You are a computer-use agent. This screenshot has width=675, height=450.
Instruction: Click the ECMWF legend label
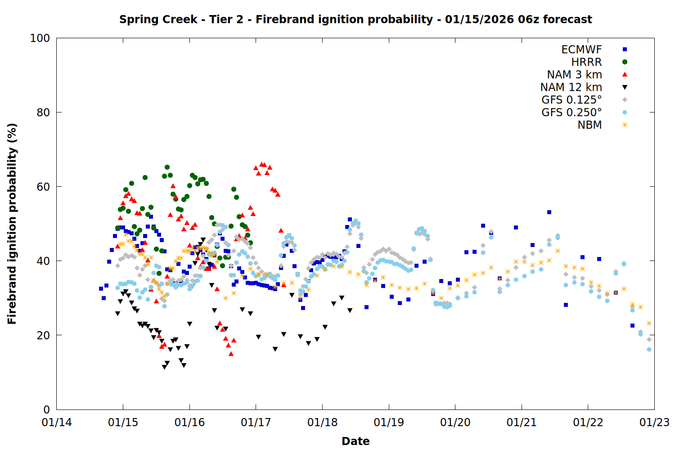point(581,49)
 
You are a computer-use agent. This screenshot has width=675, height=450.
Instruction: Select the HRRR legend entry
point(586,62)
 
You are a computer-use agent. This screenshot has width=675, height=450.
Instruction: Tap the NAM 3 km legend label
point(574,75)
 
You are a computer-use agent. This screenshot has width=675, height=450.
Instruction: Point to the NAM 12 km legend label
point(571,87)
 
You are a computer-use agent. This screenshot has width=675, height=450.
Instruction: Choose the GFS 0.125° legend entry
point(571,100)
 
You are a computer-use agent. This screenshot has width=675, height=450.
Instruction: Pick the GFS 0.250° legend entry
point(571,112)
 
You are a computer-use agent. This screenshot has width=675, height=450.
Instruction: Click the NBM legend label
point(589,125)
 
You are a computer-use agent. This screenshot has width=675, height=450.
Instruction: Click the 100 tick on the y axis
point(40,38)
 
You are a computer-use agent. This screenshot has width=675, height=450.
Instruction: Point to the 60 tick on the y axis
point(43,187)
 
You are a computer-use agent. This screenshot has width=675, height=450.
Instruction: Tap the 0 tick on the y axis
point(46,409)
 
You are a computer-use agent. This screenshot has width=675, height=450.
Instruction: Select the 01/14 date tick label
point(57,423)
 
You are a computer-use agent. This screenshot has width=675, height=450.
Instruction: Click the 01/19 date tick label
point(389,423)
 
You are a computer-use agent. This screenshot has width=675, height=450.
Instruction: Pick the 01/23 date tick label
point(654,423)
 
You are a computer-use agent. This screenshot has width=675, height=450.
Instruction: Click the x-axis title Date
point(355,441)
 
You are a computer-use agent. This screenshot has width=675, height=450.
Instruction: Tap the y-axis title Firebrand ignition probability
point(12,224)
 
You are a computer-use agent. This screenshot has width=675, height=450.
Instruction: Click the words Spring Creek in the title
point(158,19)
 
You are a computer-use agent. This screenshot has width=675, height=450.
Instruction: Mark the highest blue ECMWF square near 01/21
point(549,212)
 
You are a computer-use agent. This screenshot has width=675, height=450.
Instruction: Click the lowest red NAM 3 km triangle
point(231,354)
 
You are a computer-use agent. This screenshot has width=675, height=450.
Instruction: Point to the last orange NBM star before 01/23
point(649,323)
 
